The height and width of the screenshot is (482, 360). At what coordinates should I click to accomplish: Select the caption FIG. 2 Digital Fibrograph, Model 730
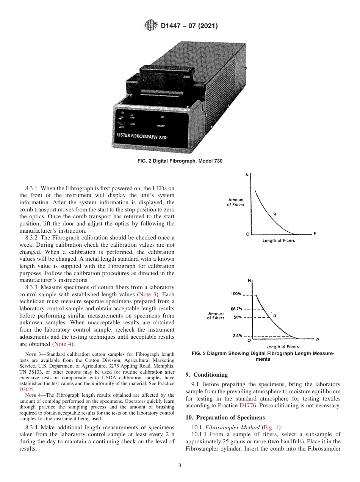click(x=180, y=161)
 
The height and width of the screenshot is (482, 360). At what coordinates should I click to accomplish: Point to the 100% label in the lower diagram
click(x=235, y=294)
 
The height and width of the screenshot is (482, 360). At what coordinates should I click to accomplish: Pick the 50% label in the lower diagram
click(x=237, y=317)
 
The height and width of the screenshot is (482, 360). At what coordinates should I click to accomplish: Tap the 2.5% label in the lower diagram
click(x=236, y=336)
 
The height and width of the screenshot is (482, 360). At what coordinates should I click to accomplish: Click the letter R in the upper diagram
click(x=275, y=214)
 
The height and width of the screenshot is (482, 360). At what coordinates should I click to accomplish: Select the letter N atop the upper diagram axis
click(x=247, y=175)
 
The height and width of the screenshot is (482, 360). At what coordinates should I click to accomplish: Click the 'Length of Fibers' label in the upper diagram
click(x=279, y=241)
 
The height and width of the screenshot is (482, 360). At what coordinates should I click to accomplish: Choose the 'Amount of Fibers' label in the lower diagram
click(x=216, y=315)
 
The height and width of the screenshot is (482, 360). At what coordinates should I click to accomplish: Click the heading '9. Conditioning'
click(x=207, y=375)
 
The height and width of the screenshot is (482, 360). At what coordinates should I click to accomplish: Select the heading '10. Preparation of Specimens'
click(x=225, y=418)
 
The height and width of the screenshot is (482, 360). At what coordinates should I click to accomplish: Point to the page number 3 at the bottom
click(x=180, y=465)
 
